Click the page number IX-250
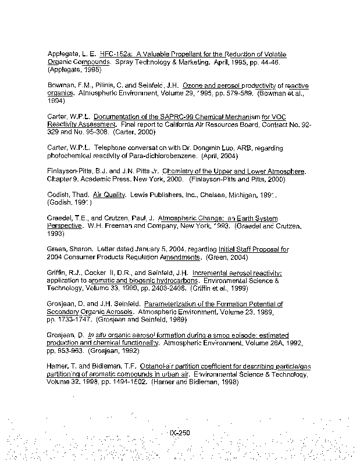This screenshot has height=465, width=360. point(180,433)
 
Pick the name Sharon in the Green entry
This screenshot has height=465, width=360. point(83,249)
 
